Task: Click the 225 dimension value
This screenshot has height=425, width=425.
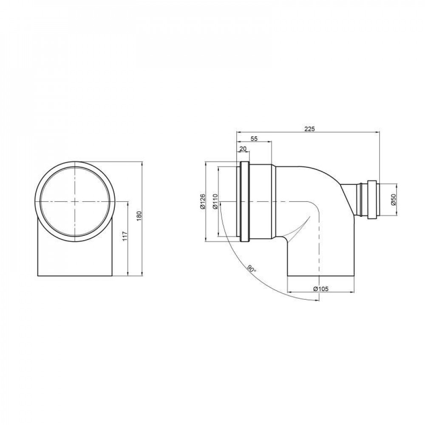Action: tap(309, 129)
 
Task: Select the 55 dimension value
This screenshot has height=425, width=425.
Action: tap(254, 139)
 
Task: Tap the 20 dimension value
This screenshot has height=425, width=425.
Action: tap(243, 148)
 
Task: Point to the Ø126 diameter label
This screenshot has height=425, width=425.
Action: tap(202, 201)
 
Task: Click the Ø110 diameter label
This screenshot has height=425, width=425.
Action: tap(215, 201)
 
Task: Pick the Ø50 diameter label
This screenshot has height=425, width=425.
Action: tap(393, 200)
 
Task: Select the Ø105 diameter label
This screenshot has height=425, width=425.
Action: tap(320, 289)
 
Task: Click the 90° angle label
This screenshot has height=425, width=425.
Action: tap(251, 269)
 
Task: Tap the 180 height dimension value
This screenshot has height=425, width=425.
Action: tap(139, 216)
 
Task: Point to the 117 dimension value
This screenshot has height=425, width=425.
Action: tap(125, 236)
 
